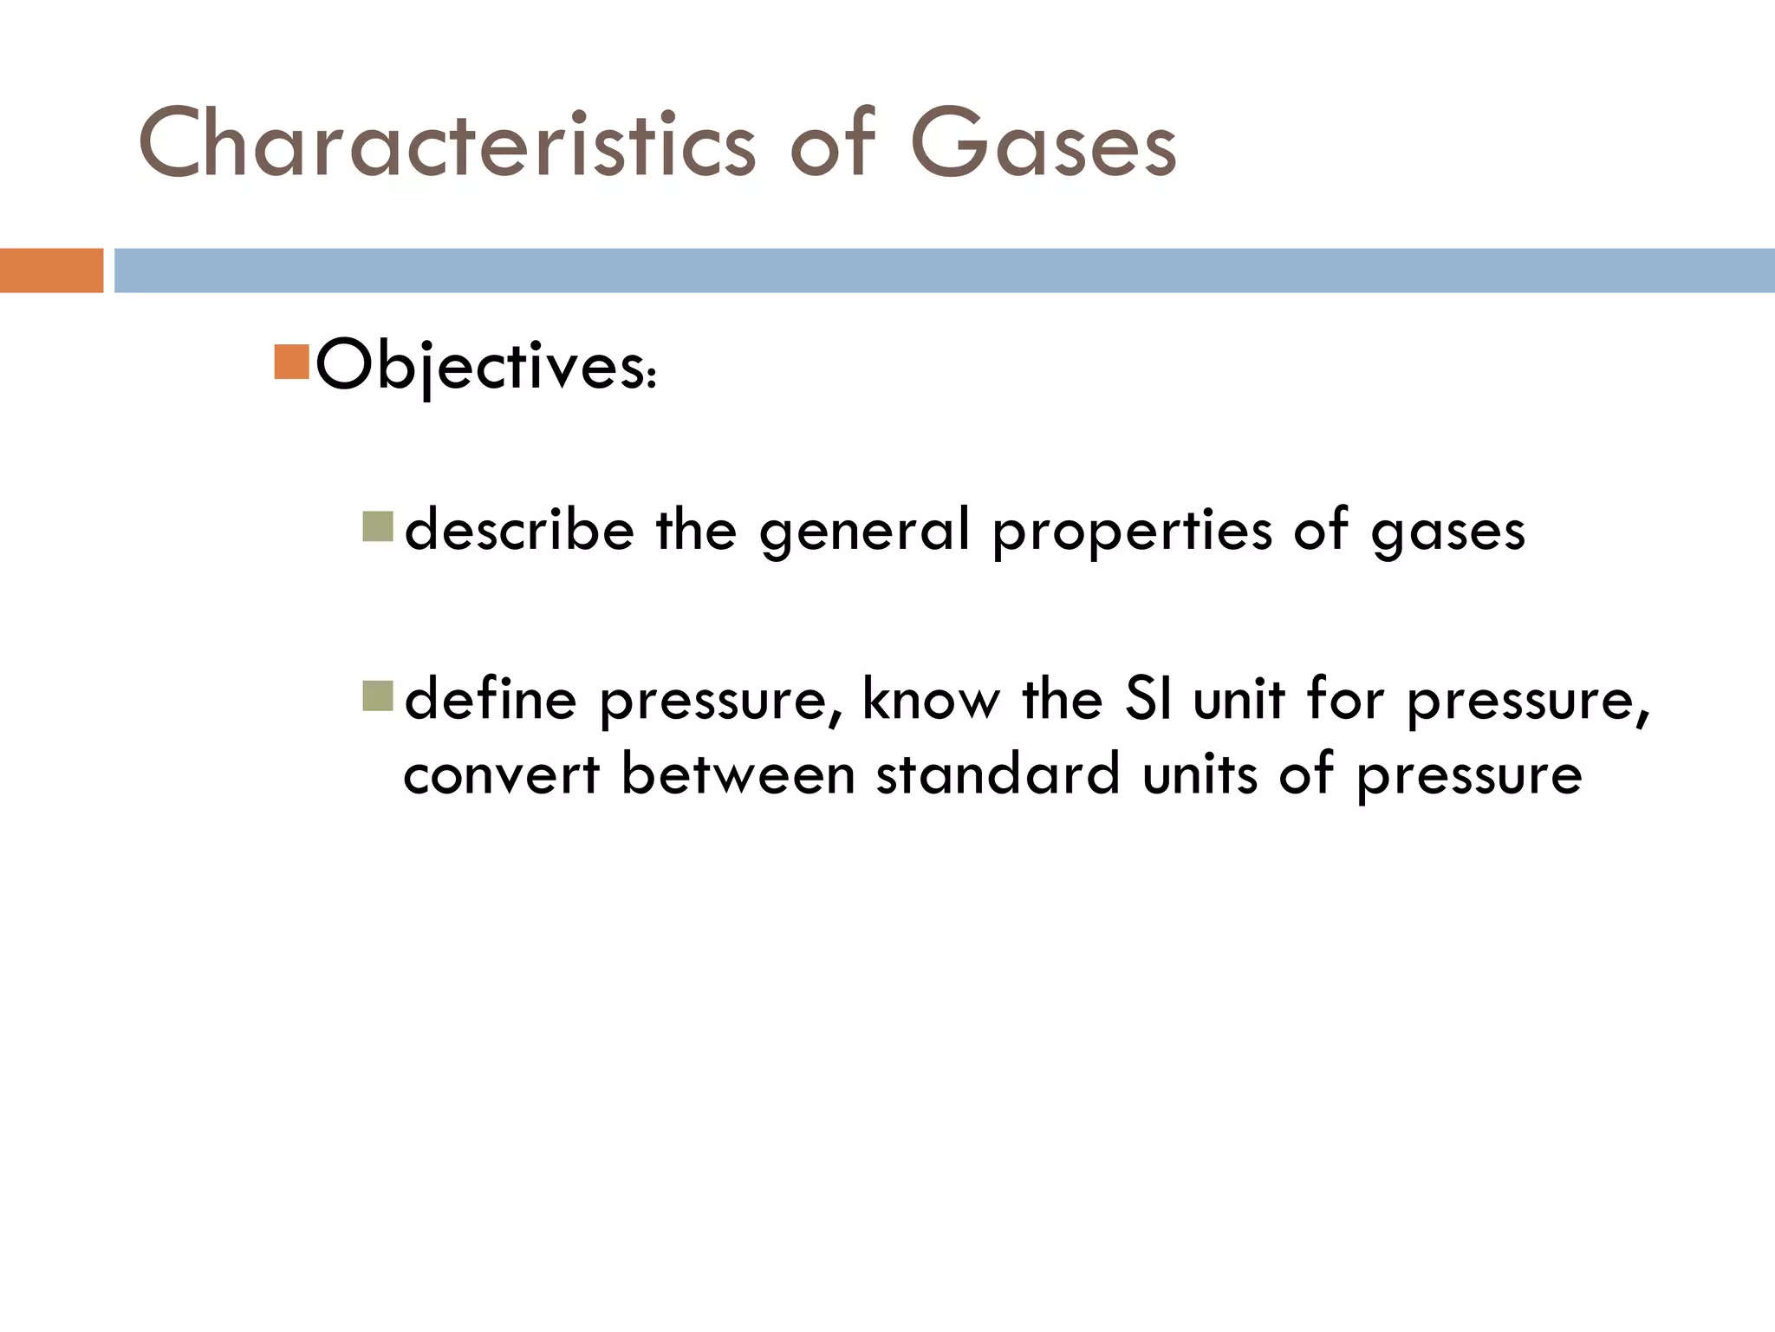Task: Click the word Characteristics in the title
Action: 447,144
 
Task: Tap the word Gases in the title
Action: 1044,144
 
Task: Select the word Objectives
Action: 485,366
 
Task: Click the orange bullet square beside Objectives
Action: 291,362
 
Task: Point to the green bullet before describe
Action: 378,526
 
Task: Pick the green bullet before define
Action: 378,695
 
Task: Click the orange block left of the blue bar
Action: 51,271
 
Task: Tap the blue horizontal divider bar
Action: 945,271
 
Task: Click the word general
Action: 864,531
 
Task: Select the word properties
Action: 1133,531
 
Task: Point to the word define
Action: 491,699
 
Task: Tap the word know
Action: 931,699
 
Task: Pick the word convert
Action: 501,774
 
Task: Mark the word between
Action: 738,774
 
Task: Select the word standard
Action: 998,774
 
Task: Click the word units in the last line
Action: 1200,774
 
